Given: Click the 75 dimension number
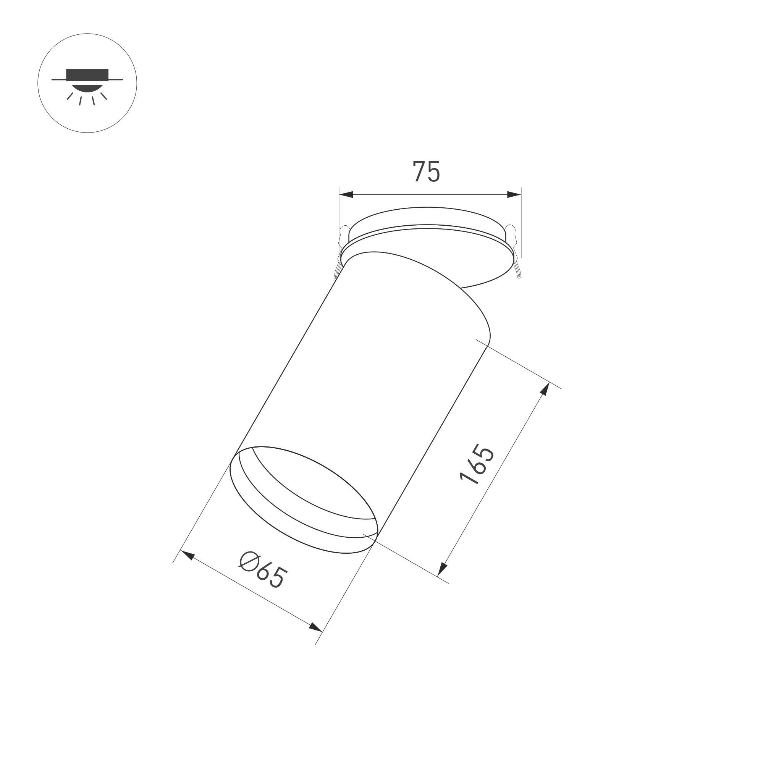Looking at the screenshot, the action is click(x=426, y=171).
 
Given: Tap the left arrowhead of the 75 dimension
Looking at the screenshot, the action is click(x=346, y=194).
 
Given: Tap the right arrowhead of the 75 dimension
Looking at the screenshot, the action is click(x=514, y=194).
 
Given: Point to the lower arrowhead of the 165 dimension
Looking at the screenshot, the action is click(x=442, y=569).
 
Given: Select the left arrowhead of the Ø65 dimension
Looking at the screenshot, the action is click(x=187, y=554).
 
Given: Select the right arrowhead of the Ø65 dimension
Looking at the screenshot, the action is click(x=315, y=627).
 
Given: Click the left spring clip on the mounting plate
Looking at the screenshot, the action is click(x=340, y=251).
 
